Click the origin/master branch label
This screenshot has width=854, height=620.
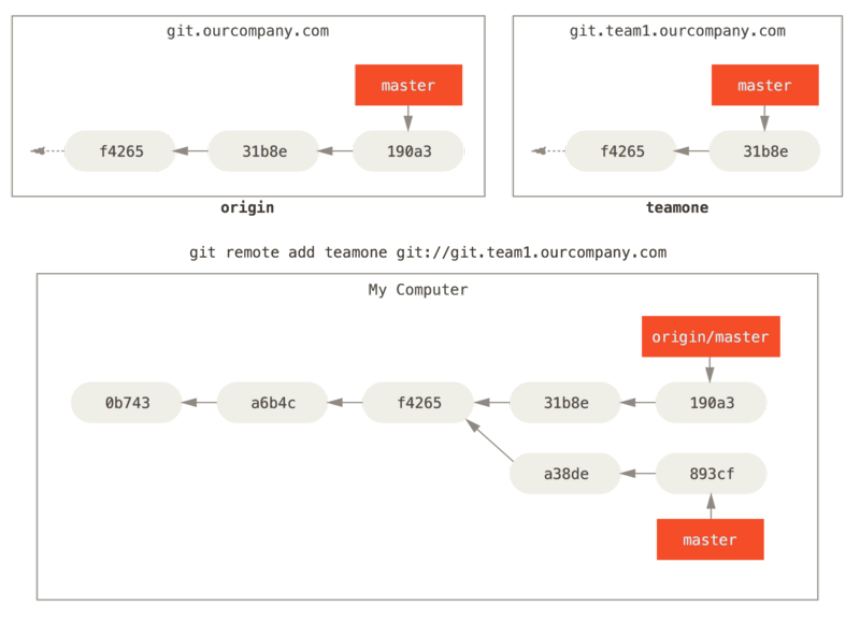(x=710, y=337)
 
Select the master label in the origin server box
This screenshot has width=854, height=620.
(x=408, y=85)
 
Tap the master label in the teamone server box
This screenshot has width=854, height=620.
(x=765, y=85)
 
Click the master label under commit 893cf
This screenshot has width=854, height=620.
(x=710, y=539)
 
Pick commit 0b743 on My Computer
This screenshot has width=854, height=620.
(x=127, y=403)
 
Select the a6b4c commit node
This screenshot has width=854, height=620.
(x=273, y=403)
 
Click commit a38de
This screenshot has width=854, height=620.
(x=566, y=473)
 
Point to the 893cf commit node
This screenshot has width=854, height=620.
(x=711, y=473)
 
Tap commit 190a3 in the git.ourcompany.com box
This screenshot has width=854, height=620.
(x=408, y=151)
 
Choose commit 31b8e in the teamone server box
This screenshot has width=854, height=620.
(x=765, y=151)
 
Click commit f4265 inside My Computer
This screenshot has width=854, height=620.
(x=419, y=403)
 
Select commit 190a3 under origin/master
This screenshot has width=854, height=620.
(x=711, y=403)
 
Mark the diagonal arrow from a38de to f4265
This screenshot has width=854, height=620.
(x=490, y=440)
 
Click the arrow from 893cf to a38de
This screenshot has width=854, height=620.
(x=638, y=473)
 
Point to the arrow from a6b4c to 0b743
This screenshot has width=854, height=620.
(x=199, y=403)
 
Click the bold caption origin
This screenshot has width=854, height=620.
(x=247, y=208)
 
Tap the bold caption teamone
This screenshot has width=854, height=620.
(x=677, y=208)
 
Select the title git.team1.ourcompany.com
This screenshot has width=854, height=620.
(x=678, y=31)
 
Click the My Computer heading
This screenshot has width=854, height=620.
(x=418, y=290)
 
